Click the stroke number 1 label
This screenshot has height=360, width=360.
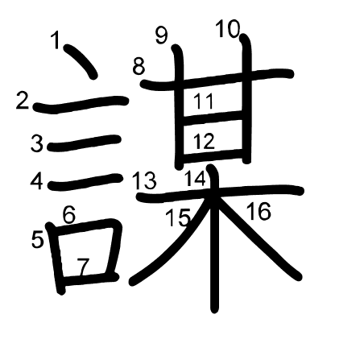point(56,39)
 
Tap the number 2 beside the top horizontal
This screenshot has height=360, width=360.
point(23,100)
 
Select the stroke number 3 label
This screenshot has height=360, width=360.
point(37,143)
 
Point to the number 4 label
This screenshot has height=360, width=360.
point(36,181)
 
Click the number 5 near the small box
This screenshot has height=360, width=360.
point(37,239)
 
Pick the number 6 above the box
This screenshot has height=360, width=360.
point(69,214)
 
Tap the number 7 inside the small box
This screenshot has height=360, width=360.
point(83,267)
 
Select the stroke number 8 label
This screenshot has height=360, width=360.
point(139,66)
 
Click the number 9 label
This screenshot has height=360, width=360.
point(162,35)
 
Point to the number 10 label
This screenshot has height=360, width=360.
point(228,28)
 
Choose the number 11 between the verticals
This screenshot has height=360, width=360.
point(204,101)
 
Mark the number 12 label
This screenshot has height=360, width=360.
point(204,141)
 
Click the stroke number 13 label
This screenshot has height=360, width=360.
point(144,180)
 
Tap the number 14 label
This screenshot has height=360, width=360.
point(195,178)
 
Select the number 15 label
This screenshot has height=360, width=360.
point(178,217)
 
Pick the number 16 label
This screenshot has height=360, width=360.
point(259,211)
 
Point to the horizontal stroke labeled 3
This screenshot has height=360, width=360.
point(84,143)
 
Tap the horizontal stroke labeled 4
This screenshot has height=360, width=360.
point(85,182)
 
